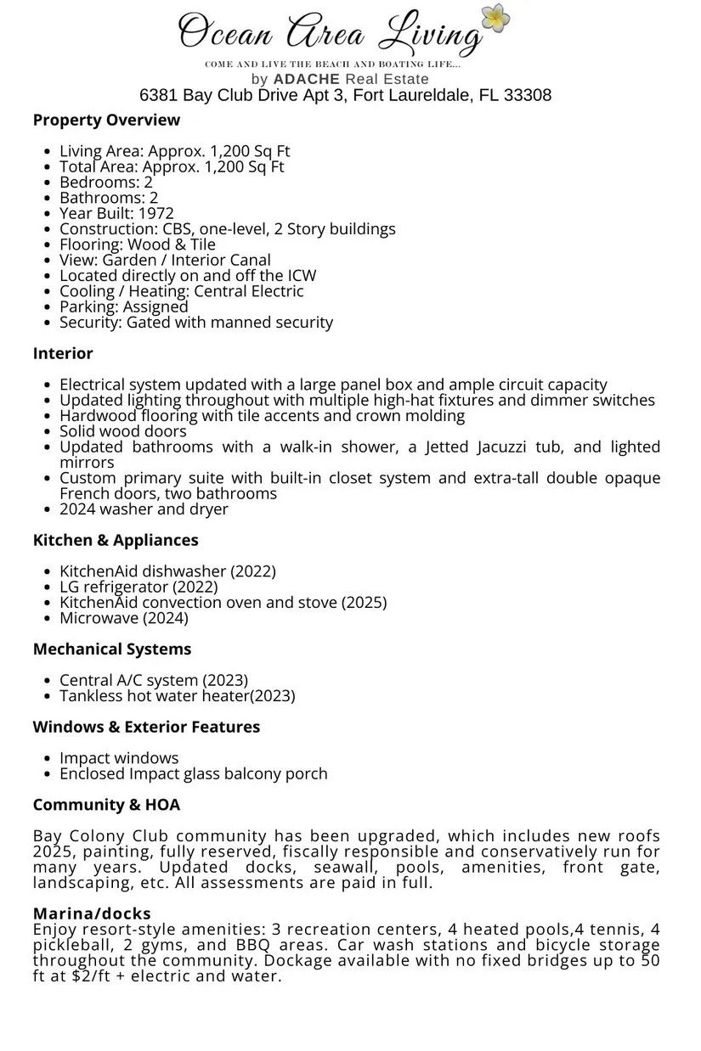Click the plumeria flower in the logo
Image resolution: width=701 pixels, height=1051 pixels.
(x=495, y=19)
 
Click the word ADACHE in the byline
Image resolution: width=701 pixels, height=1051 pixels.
(x=306, y=79)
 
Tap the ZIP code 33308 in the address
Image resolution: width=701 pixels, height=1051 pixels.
(x=528, y=95)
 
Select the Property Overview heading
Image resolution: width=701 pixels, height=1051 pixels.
(x=106, y=120)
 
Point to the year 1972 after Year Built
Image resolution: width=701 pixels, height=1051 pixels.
(x=155, y=213)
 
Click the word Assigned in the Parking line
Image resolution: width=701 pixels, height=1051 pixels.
(x=155, y=306)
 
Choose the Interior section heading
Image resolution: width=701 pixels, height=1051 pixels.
(x=63, y=353)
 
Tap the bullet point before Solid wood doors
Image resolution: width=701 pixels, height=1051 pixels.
(x=46, y=431)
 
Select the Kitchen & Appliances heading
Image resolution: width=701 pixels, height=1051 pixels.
(x=116, y=540)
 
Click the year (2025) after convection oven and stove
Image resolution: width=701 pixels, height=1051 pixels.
(x=364, y=602)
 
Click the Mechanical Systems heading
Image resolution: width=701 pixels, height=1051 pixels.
(x=112, y=649)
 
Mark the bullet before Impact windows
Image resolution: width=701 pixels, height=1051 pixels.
(x=46, y=758)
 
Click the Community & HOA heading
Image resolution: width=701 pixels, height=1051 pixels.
(x=106, y=804)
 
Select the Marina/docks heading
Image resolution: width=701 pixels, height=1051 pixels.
(x=92, y=913)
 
